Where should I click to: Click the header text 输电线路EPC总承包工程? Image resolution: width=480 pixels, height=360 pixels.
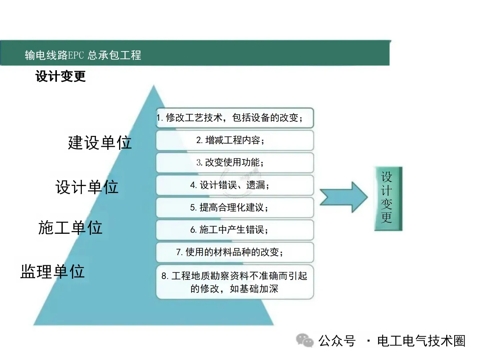[83, 55]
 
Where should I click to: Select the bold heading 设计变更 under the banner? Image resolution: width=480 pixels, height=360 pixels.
[60, 76]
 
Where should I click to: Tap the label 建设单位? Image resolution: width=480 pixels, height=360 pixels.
[100, 142]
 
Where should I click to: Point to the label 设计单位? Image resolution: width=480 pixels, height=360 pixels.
[87, 187]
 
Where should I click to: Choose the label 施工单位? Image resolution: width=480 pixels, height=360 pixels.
[70, 228]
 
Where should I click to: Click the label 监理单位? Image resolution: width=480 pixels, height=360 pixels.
[52, 271]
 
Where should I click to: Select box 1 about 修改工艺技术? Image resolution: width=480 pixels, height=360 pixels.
[235, 118]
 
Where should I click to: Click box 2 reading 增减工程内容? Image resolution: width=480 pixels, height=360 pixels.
[235, 140]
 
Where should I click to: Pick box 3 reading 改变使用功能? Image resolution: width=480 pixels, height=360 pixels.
[235, 163]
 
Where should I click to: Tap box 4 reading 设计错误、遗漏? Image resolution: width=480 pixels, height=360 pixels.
[235, 185]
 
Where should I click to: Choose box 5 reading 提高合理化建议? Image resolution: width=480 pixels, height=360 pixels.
[235, 207]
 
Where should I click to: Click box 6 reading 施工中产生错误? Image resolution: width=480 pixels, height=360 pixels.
[235, 230]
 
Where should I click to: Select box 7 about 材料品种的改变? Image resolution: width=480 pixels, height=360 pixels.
[235, 252]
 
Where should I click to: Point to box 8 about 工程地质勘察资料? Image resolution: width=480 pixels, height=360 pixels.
[235, 282]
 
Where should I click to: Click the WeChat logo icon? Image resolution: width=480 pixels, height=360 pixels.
[305, 340]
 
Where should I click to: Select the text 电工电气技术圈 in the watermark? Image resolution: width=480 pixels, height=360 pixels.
[421, 341]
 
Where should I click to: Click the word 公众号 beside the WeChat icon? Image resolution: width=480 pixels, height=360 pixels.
[337, 341]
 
